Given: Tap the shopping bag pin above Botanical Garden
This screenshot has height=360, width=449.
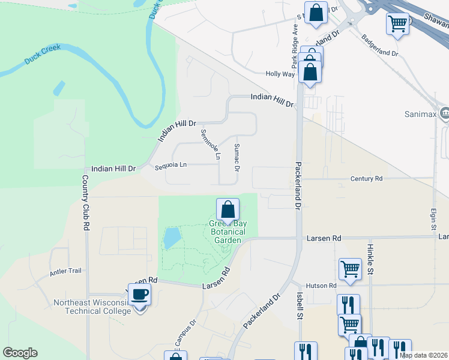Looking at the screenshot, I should [x=228, y=211].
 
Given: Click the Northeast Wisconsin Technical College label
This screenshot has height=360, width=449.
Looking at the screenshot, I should [x=92, y=307].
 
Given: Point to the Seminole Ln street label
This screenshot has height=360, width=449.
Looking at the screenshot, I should [x=211, y=145].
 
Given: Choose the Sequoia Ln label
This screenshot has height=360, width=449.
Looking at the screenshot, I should [x=170, y=164].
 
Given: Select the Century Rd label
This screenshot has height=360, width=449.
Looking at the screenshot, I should [x=366, y=179].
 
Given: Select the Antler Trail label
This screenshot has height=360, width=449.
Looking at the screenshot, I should [x=65, y=271].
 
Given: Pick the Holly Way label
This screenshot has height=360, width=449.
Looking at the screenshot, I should [x=280, y=74].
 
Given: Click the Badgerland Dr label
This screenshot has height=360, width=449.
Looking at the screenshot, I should [x=380, y=45].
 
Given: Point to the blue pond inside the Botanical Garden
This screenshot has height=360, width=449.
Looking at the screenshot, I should [x=171, y=238].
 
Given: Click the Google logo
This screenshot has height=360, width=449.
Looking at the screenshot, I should [x=20, y=353].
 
